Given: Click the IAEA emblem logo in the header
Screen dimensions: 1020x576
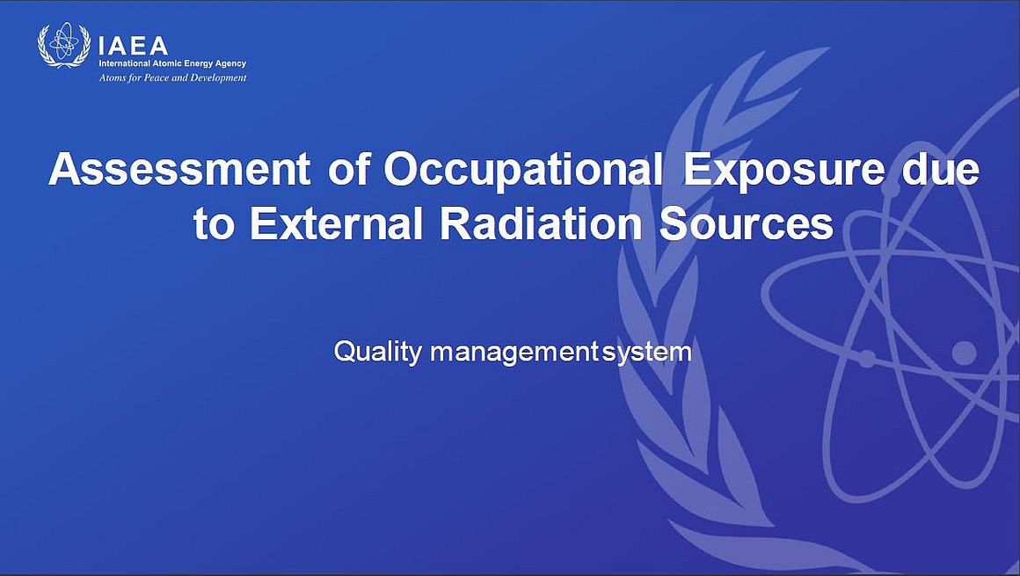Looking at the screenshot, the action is point(63,45).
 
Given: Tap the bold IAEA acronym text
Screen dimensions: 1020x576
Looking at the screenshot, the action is point(133,47).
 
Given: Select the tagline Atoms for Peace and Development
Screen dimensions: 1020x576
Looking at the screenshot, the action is point(172,78).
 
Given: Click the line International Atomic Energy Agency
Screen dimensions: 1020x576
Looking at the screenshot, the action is point(172,64).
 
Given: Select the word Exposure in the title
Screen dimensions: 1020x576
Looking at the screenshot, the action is point(783,171).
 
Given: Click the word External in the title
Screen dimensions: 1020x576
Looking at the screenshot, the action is point(336,223).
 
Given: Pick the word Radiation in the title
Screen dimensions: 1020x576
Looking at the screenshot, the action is point(541,223).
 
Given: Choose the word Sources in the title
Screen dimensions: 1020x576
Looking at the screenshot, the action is point(747,223).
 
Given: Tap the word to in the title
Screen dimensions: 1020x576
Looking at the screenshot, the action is point(213,224).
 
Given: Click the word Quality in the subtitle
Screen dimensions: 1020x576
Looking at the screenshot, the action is point(378,352).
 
